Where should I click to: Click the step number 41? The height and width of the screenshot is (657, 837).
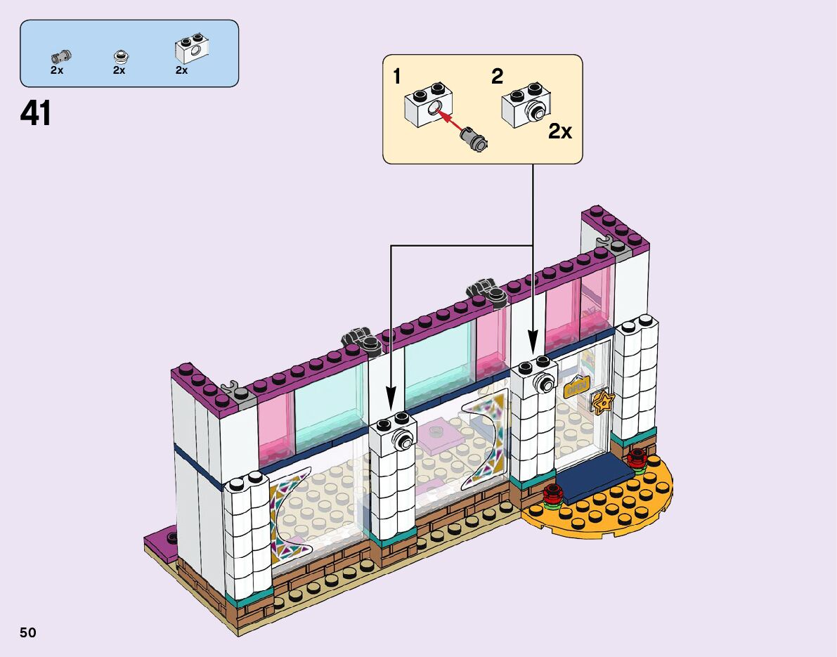(36, 113)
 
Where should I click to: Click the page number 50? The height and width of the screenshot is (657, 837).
(28, 632)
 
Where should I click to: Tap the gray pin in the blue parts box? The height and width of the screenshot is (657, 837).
(59, 56)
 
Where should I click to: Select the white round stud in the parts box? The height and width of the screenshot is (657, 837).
(121, 56)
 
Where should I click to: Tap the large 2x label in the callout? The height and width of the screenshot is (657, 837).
(560, 131)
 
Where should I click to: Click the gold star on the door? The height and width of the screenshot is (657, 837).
(603, 402)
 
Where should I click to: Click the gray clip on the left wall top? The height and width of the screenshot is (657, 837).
(230, 386)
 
